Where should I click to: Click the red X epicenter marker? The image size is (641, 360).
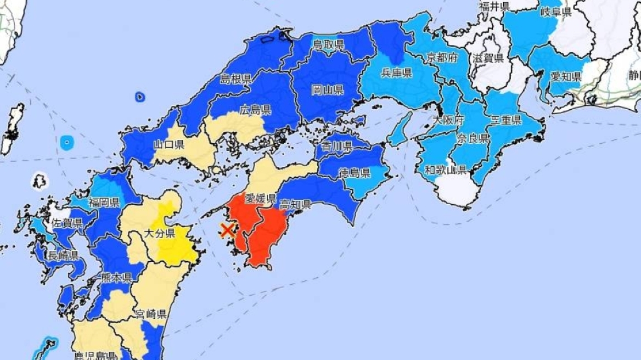pos(227,230)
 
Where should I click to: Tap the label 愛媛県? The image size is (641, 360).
pos(260,199)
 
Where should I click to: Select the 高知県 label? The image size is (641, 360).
pos(296,205)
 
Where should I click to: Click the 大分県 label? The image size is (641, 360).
pos(159,233)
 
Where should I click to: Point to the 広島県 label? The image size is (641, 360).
pos(255,110)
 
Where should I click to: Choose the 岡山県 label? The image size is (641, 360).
pos(328,89)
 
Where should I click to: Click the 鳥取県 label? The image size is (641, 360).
pos(329,44)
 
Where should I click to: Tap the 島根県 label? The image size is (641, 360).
pos(236,80)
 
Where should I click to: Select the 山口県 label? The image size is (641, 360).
pos(169,145)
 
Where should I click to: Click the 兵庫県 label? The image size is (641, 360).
pos(397,74)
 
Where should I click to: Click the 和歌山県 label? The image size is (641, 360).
pos(445,170)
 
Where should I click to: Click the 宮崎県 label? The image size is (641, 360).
pos(151,314)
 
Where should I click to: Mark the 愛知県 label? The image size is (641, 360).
pos(566,76)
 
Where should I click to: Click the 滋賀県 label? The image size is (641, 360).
pos(488,58)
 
